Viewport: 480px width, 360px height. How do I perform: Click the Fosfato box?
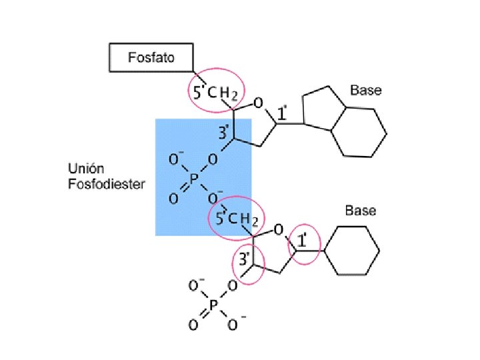[151, 57]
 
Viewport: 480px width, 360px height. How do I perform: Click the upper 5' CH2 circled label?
[215, 93]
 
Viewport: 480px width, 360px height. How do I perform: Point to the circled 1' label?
[303, 241]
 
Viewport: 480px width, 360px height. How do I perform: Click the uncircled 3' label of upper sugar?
[225, 133]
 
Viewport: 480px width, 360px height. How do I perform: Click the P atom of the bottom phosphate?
[213, 306]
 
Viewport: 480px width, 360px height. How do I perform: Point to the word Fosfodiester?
[106, 183]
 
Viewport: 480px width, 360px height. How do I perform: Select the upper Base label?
[366, 90]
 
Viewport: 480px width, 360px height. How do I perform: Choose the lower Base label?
[360, 211]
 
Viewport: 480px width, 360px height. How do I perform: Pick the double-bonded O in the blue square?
[173, 197]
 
